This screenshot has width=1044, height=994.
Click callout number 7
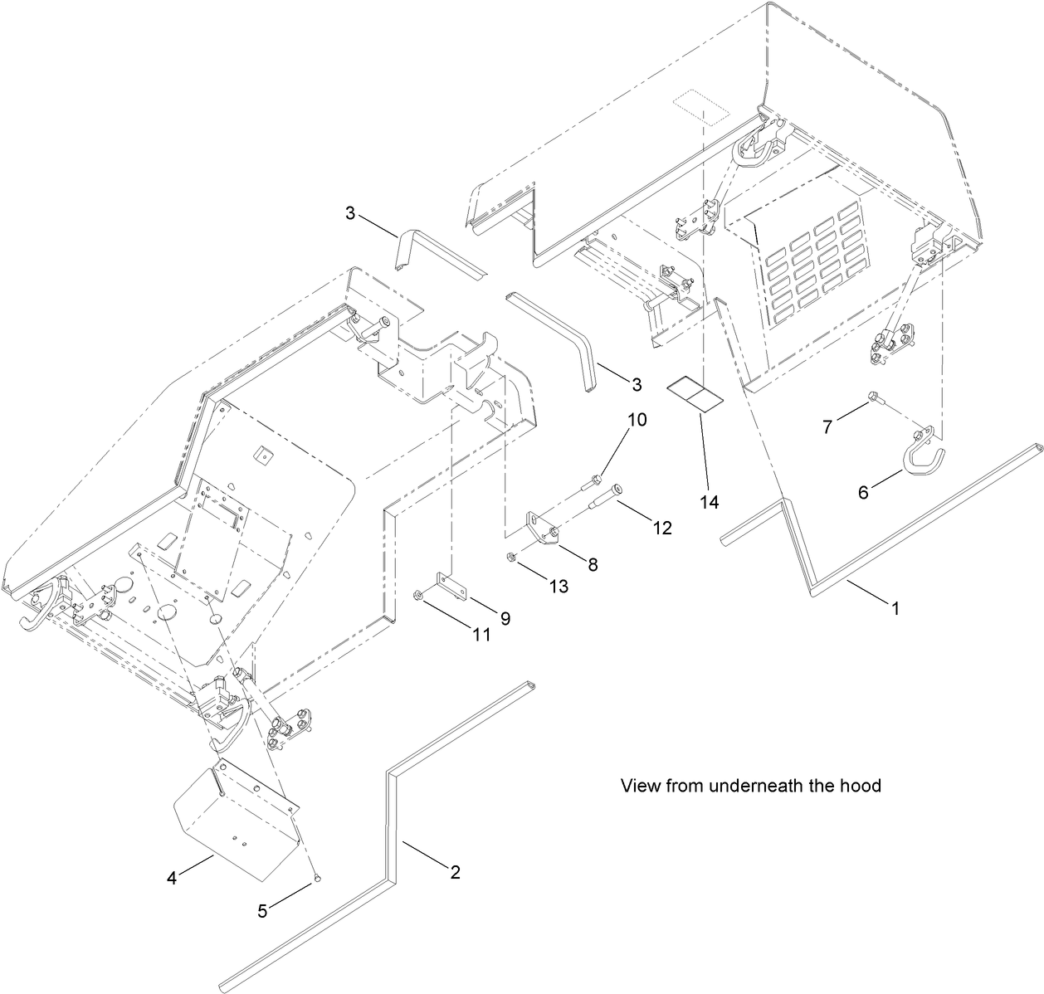827,427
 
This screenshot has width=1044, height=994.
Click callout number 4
172,877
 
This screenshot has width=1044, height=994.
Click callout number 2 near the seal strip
455,872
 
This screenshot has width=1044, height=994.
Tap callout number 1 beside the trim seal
895,608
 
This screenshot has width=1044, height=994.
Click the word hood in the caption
860,786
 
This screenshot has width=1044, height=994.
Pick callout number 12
662,527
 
